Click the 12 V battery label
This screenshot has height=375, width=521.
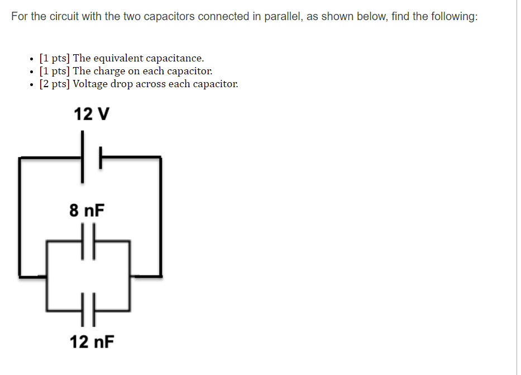click(92, 114)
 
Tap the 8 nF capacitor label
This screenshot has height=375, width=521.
click(87, 211)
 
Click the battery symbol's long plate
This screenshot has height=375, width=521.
click(83, 156)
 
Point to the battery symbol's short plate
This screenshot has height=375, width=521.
click(101, 158)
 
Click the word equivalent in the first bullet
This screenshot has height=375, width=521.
click(120, 58)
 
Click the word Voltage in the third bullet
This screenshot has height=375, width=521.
click(90, 84)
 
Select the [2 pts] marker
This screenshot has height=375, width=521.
click(55, 84)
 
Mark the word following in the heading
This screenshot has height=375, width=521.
click(455, 16)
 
